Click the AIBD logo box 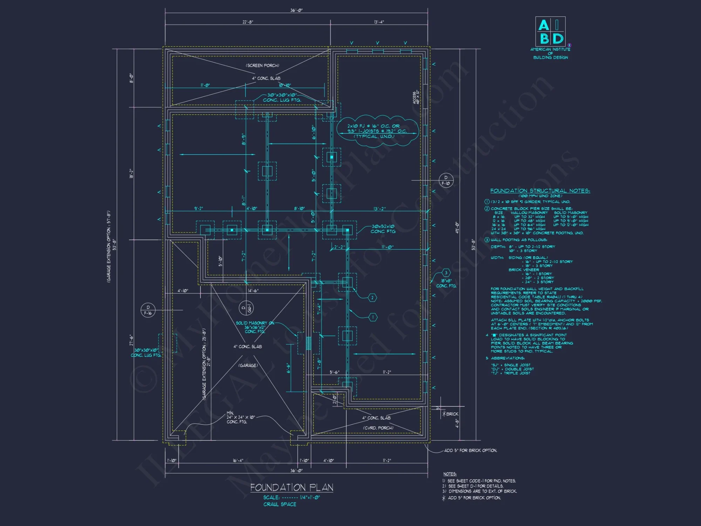click(x=550, y=31)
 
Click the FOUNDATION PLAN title click(x=292, y=487)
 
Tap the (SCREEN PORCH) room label click(x=263, y=66)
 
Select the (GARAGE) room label click(x=248, y=365)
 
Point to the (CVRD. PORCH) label click(x=378, y=428)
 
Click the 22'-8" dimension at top click(x=248, y=22)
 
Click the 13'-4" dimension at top click(x=379, y=22)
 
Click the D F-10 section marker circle click(x=446, y=180)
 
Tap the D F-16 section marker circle click(x=148, y=310)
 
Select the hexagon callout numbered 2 click(x=372, y=298)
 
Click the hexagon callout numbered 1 click(x=373, y=317)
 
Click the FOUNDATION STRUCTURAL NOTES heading click(x=540, y=191)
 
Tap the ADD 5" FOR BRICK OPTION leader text click(x=470, y=451)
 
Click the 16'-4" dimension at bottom click(x=238, y=460)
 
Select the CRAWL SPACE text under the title click(x=280, y=504)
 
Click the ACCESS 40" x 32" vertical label click(x=416, y=97)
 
